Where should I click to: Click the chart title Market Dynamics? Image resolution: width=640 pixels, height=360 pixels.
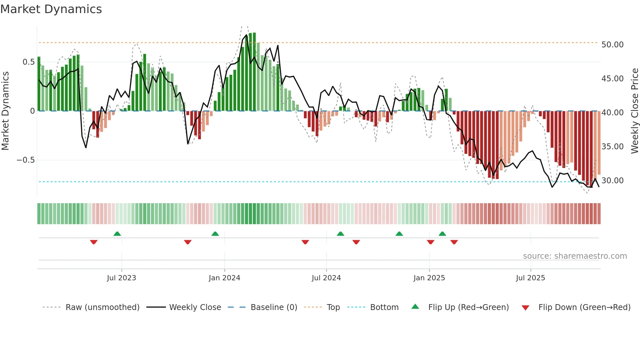click(x=51, y=9)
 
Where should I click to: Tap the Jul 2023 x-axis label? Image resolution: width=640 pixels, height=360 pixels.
click(x=121, y=278)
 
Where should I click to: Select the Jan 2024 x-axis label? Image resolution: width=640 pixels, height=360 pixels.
click(x=224, y=278)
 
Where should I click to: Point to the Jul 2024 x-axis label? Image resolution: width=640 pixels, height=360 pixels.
click(x=326, y=278)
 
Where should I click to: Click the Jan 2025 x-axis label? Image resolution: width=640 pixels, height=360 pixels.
click(x=429, y=278)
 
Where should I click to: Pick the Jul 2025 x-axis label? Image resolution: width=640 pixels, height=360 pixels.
click(x=531, y=278)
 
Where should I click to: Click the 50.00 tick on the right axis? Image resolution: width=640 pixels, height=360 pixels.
click(x=612, y=45)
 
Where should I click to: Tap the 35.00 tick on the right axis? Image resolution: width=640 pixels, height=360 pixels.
click(x=612, y=147)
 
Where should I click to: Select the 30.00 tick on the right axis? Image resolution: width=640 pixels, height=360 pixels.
click(x=612, y=181)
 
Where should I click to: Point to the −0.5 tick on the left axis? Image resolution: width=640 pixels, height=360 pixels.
click(x=25, y=160)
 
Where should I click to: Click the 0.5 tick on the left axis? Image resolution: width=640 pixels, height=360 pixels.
click(x=28, y=62)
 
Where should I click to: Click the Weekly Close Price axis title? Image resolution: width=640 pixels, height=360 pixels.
click(x=634, y=111)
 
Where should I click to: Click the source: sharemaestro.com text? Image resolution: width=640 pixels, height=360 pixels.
click(x=575, y=256)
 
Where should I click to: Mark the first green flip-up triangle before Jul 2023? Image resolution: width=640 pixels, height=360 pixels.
click(x=117, y=234)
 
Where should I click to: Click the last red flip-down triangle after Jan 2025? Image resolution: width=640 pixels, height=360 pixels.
click(x=454, y=242)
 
